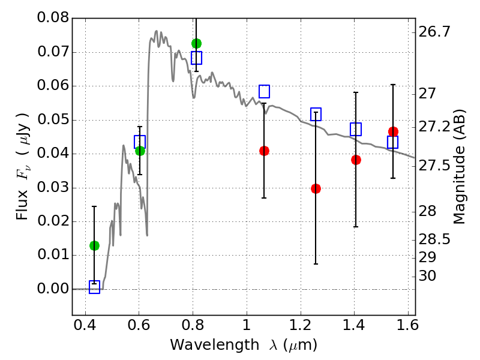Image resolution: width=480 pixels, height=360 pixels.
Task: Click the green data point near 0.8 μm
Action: click(x=196, y=43)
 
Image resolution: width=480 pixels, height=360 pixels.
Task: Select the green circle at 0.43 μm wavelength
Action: click(x=94, y=245)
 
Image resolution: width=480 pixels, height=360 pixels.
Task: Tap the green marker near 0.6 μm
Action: click(x=140, y=151)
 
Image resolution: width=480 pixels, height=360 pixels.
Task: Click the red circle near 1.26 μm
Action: click(x=316, y=188)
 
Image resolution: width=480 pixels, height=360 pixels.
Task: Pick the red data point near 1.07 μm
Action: click(x=264, y=151)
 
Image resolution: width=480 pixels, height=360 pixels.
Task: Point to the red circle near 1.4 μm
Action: click(x=356, y=160)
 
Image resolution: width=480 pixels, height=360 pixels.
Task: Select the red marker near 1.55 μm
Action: click(x=393, y=132)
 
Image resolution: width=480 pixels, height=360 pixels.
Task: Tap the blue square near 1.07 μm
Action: click(x=264, y=91)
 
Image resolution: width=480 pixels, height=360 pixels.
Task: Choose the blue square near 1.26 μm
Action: click(x=316, y=114)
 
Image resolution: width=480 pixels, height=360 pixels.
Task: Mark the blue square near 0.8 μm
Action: click(x=196, y=58)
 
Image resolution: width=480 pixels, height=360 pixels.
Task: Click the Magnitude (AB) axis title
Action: click(x=460, y=167)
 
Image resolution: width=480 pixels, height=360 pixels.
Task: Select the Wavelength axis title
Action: click(x=243, y=346)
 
